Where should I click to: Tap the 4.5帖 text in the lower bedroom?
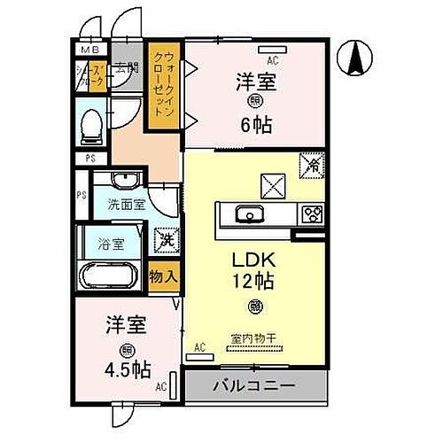click(x=130, y=369)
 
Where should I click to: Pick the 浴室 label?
click(x=112, y=240)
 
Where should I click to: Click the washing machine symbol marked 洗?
click(x=165, y=238)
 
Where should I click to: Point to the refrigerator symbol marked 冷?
click(x=313, y=166)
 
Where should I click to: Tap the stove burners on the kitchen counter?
click(x=312, y=214)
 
